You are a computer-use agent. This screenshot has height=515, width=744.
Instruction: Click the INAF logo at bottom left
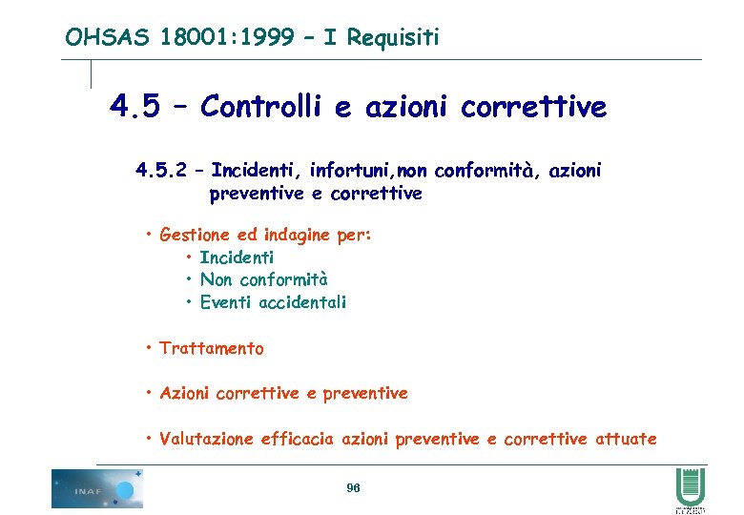coord(96,488)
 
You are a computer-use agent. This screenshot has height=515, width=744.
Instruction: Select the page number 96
coord(353,488)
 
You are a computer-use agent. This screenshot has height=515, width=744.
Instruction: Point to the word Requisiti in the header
coord(393,37)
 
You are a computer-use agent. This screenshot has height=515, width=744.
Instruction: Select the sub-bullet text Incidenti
coord(237,257)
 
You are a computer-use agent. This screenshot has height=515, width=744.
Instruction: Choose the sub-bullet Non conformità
coord(263,279)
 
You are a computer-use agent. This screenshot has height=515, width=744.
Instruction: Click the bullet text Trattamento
coord(212,348)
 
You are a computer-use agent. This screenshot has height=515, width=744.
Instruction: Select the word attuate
coord(626,439)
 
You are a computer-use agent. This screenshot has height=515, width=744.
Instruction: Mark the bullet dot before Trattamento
coord(150,348)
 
